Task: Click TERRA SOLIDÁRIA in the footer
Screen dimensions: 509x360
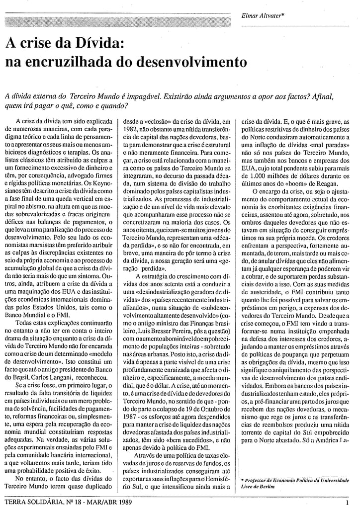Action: (33, 503)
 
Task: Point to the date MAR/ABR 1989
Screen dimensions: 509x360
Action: (109, 503)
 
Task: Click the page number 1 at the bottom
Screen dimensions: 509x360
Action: (347, 503)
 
